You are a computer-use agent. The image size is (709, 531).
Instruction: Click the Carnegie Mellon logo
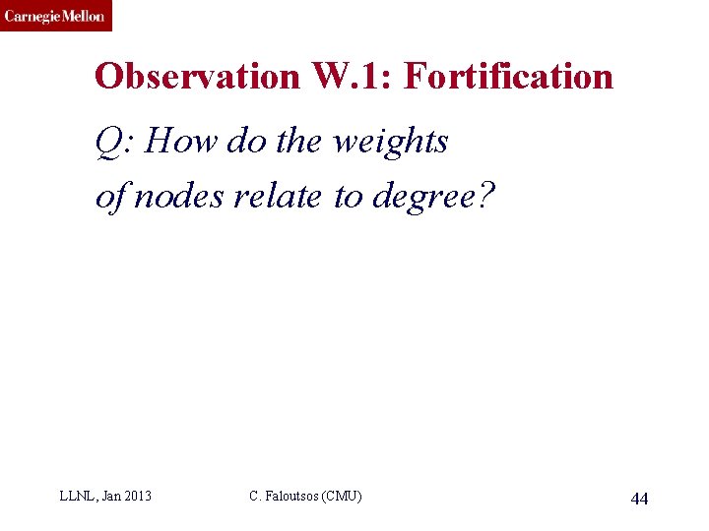click(55, 16)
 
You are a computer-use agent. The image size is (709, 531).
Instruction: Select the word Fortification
click(508, 77)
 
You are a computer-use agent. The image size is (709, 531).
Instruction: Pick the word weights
click(391, 143)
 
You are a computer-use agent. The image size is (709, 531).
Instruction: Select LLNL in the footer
click(77, 497)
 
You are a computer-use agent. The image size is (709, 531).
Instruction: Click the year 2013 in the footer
click(137, 497)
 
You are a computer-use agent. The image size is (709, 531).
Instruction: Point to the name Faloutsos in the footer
click(296, 497)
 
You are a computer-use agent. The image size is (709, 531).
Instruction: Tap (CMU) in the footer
click(344, 497)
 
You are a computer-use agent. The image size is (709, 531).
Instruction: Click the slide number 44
click(639, 499)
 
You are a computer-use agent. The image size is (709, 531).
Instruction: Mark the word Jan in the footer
click(110, 497)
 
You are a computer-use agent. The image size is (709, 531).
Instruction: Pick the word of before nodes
click(110, 197)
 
